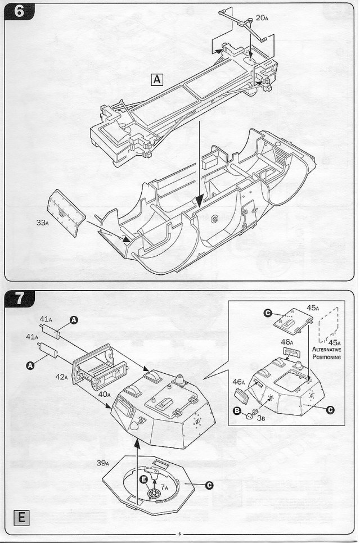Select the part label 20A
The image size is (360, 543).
click(262, 17)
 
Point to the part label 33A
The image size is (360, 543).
click(42, 223)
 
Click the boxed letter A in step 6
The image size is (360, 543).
click(156, 80)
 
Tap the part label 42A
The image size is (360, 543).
click(62, 377)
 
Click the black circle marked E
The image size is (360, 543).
click(144, 479)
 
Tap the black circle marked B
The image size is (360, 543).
click(237, 410)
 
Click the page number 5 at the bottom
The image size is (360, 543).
click(179, 534)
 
